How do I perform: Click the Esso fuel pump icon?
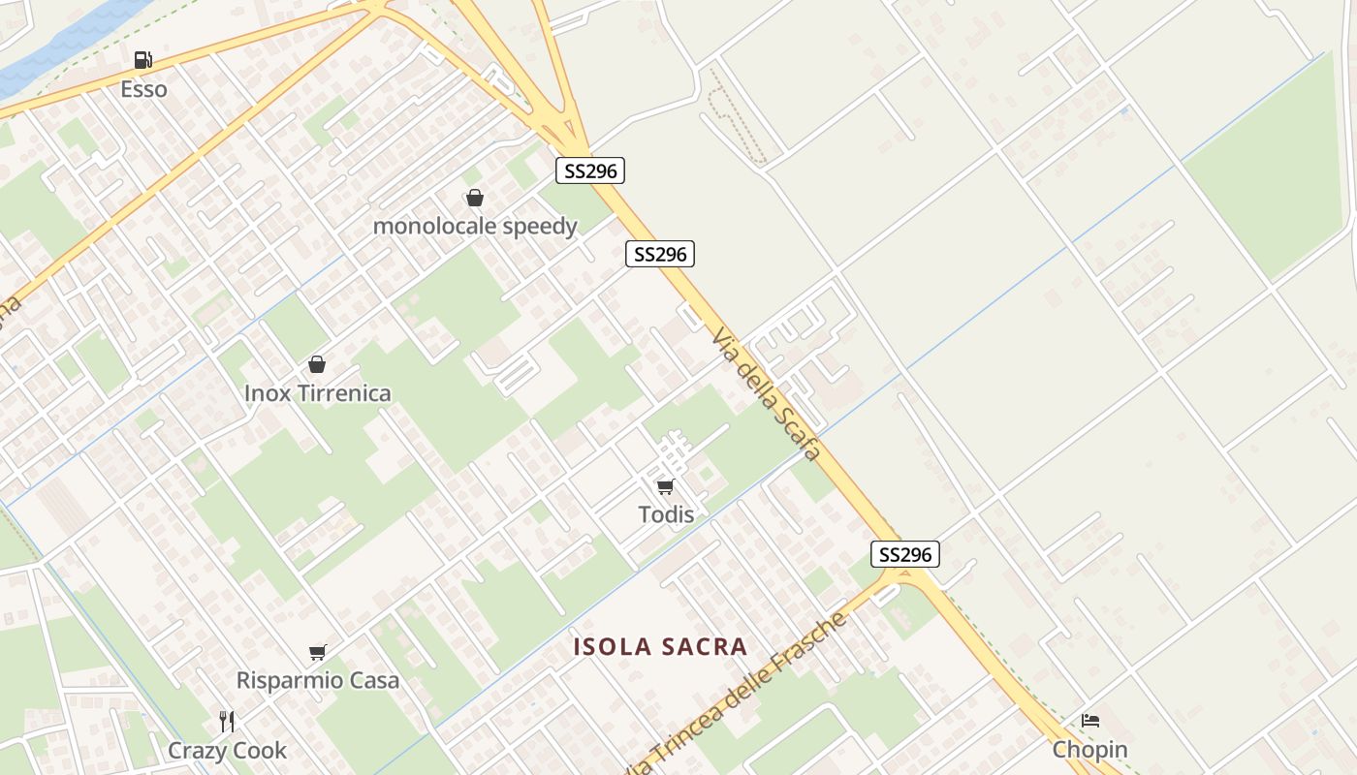[143, 61]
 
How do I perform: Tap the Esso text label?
[143, 89]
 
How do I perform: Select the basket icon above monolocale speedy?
[475, 199]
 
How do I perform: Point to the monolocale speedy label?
[475, 227]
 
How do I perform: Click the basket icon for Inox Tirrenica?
[317, 365]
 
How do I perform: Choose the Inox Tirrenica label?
[318, 393]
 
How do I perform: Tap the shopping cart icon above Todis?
[665, 486]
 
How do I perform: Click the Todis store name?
[666, 514]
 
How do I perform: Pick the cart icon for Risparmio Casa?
[318, 652]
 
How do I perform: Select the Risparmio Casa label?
[318, 680]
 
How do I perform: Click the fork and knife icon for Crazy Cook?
[227, 722]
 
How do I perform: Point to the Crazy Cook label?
[228, 751]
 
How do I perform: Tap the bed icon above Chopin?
[1090, 721]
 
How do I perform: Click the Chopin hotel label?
[1090, 750]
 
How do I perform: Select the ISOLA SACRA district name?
[660, 647]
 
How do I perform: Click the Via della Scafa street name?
[766, 393]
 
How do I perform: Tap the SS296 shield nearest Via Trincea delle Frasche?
[905, 554]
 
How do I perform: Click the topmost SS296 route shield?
[590, 171]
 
